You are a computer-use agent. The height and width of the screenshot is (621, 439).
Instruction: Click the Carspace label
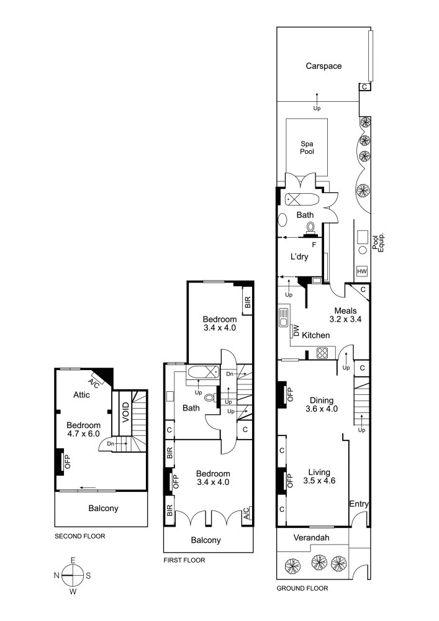click(x=324, y=66)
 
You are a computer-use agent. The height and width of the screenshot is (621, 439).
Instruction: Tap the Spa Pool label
click(x=307, y=148)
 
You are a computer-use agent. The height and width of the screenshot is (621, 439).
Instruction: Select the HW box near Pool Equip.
click(x=362, y=271)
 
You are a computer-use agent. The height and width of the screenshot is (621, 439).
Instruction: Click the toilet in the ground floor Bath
click(x=310, y=227)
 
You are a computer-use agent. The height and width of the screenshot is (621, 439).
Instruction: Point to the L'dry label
click(x=299, y=256)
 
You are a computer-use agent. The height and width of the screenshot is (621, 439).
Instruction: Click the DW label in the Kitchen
click(x=296, y=331)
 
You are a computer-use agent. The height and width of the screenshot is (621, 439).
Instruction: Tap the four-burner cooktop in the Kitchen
click(x=322, y=353)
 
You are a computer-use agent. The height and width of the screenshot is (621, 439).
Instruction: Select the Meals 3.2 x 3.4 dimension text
click(x=346, y=319)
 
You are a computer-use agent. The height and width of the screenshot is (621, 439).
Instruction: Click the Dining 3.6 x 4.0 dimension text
click(x=322, y=409)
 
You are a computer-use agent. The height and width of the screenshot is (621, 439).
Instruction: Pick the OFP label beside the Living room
click(x=290, y=481)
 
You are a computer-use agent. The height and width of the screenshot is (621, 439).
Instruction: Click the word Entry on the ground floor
click(x=359, y=504)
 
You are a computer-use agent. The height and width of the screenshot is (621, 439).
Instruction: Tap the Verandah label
click(x=311, y=538)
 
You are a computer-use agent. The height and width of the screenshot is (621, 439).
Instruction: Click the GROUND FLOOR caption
click(x=302, y=589)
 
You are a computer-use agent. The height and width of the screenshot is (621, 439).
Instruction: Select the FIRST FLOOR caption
click(x=184, y=560)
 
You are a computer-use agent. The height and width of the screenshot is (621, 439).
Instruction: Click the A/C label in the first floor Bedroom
click(x=247, y=513)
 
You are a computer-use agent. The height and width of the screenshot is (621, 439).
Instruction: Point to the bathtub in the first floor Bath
click(x=202, y=372)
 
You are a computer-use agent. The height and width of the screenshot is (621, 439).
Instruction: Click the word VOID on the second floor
click(x=125, y=412)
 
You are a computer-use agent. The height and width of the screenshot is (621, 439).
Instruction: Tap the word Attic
click(x=81, y=395)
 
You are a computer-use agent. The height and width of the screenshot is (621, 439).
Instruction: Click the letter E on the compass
click(x=73, y=560)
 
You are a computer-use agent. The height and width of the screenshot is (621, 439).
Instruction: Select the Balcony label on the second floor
click(x=103, y=509)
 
